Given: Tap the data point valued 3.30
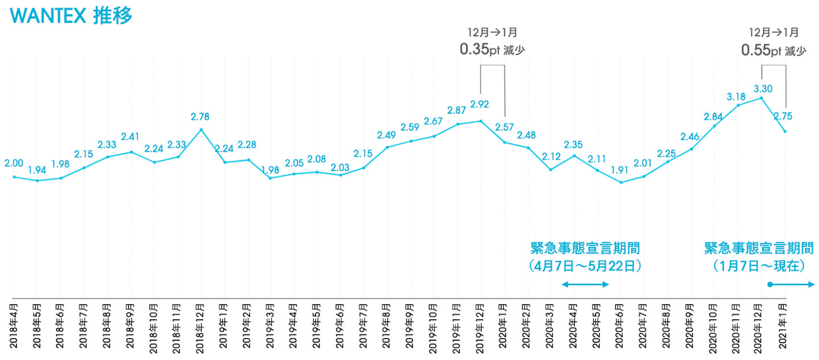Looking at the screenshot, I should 761,98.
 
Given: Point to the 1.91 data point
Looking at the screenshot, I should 621,183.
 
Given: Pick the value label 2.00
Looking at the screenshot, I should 14,163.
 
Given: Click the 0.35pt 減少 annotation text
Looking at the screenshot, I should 492,50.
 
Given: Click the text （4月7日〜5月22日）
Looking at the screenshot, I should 585,266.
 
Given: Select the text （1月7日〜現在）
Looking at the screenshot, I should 759,266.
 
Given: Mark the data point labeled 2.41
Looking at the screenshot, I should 131,152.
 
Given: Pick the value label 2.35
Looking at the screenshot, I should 574,144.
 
